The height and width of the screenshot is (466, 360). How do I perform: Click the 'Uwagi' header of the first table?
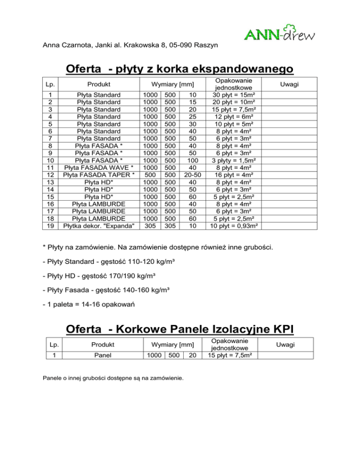289,84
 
